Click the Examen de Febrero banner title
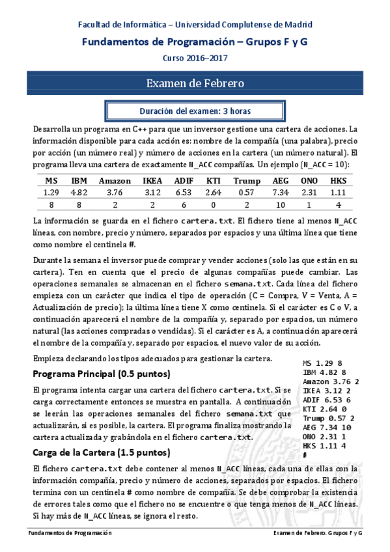click(195, 83)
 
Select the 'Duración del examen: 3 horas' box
click(195, 111)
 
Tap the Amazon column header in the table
click(115, 180)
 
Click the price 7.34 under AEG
click(281, 192)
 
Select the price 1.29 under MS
click(51, 192)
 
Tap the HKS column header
click(338, 180)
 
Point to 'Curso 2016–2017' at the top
click(195, 57)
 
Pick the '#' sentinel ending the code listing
click(305, 455)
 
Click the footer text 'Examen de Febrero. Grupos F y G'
click(318, 533)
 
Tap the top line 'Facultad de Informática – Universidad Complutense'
click(195, 25)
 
